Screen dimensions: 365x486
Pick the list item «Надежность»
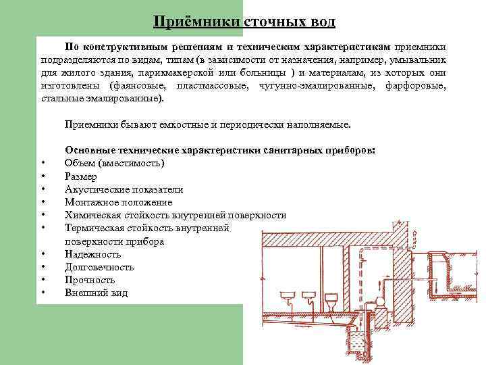tap(93, 254)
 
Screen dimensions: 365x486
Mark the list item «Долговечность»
tap(99, 267)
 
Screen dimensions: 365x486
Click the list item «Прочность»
tap(90, 280)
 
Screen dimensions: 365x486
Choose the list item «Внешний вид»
tap(96, 293)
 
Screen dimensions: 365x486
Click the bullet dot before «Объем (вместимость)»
tap(43, 163)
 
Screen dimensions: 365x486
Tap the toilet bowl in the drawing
tap(331, 298)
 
